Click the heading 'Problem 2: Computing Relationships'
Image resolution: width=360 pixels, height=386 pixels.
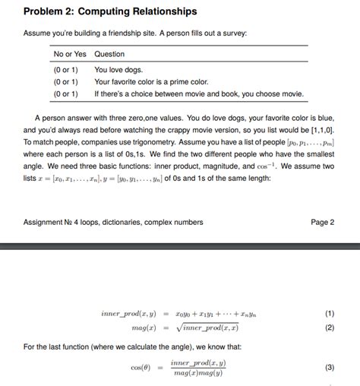point(110,11)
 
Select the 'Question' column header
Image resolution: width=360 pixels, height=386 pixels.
point(109,54)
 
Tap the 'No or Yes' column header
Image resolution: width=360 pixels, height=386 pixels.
point(69,54)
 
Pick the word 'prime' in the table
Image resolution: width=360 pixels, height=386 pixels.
point(178,81)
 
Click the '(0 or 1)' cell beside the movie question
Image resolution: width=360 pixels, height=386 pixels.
point(66,94)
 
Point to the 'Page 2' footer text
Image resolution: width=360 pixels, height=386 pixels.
point(323,222)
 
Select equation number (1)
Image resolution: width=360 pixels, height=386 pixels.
point(329,313)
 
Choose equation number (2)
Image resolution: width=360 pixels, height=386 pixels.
point(329,327)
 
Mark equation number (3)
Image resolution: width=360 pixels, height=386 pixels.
point(329,367)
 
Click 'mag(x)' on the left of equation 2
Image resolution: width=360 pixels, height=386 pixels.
point(144,327)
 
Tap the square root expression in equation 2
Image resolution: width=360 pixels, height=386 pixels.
point(206,327)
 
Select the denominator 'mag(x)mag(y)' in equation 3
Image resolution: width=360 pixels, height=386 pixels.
point(198,373)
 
